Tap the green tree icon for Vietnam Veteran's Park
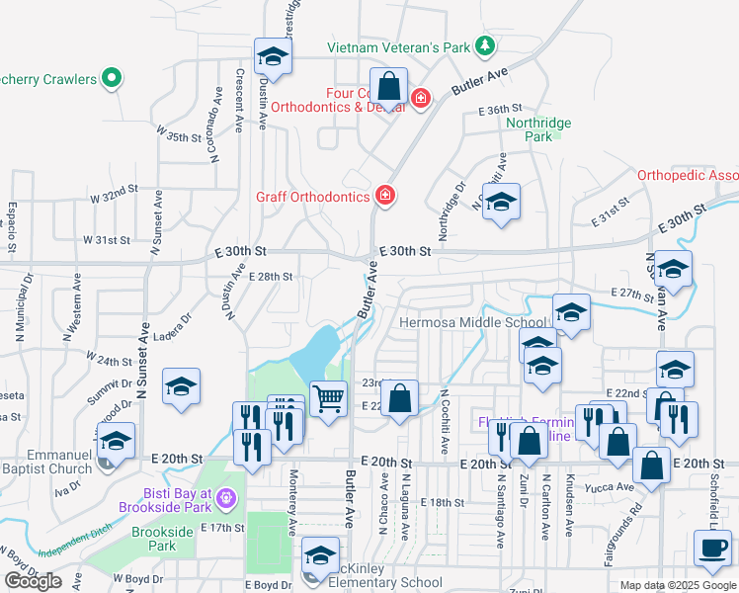[x=484, y=45]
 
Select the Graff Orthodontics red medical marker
[x=384, y=196]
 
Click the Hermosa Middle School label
[x=471, y=322]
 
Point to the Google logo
[x=32, y=581]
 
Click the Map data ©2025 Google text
[x=678, y=585]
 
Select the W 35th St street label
[x=178, y=137]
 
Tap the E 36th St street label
[x=498, y=111]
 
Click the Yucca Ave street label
[x=611, y=486]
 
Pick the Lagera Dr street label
[x=171, y=320]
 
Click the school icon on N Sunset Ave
[x=181, y=387]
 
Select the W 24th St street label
[x=110, y=359]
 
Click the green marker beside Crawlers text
[x=112, y=78]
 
